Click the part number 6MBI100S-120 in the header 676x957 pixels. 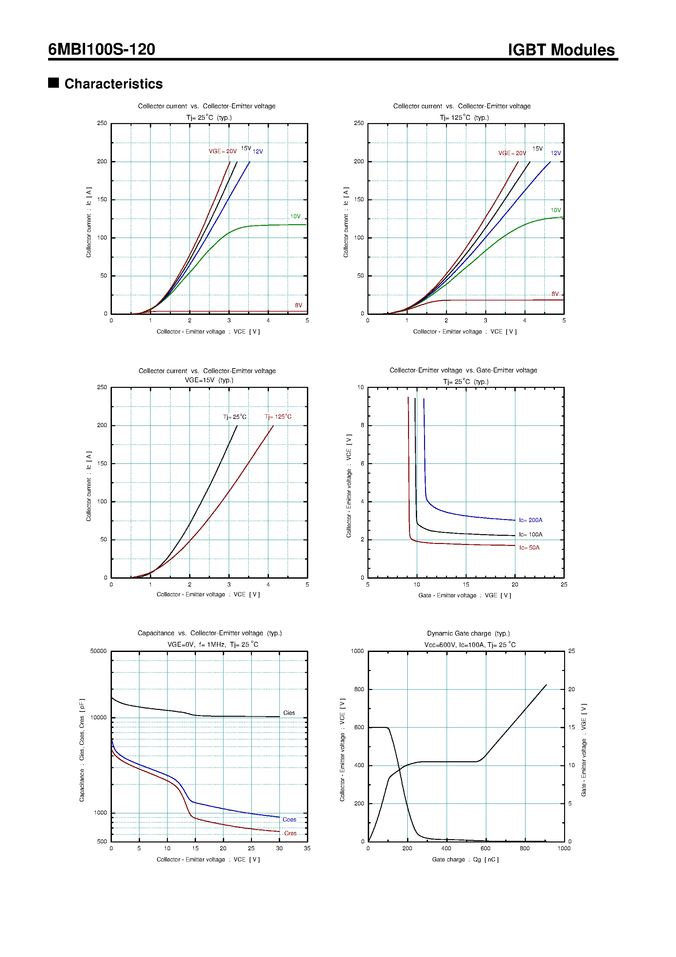click(101, 49)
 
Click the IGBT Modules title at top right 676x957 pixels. click(560, 50)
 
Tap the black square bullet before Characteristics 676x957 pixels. click(53, 82)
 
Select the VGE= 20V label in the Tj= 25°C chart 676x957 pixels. click(222, 151)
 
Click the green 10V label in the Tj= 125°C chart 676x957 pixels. click(556, 210)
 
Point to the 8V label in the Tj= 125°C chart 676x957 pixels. click(555, 294)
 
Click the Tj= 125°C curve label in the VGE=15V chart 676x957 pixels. click(278, 416)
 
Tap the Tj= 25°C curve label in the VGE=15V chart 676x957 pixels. click(235, 417)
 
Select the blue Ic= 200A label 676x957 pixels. click(530, 520)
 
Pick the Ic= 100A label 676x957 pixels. click(530, 534)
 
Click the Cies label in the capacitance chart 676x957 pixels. click(289, 713)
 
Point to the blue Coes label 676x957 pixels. click(289, 820)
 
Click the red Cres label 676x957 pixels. click(290, 833)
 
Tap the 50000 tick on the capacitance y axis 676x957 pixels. click(98, 651)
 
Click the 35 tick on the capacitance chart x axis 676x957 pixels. click(307, 848)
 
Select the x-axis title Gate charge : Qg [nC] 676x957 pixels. click(465, 859)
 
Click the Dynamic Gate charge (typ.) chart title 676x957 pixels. click(468, 633)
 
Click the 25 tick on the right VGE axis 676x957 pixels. click(571, 651)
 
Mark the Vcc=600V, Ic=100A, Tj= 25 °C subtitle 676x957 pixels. click(470, 645)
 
